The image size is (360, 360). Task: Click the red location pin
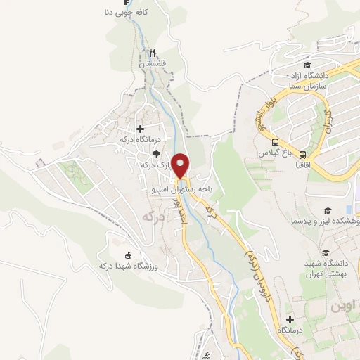coord(181,165)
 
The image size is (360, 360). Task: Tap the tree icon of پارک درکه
coord(156,154)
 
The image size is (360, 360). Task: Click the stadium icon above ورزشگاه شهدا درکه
coord(127,255)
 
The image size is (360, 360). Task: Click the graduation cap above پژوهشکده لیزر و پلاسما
coord(327,210)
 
